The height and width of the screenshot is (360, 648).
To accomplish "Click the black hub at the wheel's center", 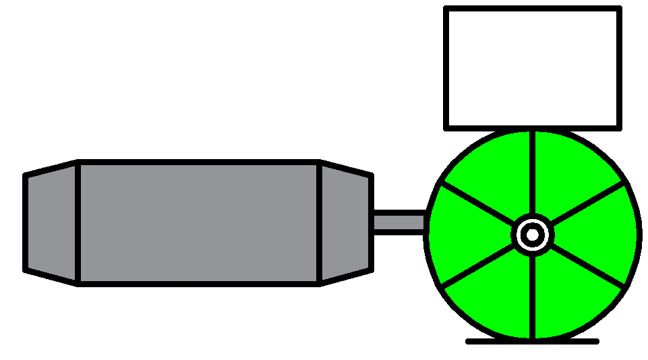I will coord(533,235).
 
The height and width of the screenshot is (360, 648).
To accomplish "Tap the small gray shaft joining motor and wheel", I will coord(399,222).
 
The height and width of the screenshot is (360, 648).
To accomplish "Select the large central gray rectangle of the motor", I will coord(198,222).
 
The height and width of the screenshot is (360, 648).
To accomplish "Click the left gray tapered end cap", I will coord(52,222).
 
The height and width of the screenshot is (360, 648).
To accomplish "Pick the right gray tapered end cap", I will coord(345,222).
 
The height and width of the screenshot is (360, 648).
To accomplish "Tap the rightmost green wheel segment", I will coord(603,235).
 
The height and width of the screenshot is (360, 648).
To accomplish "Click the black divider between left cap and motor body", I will coord(78,222).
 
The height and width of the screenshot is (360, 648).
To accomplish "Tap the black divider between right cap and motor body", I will coord(320,222).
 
